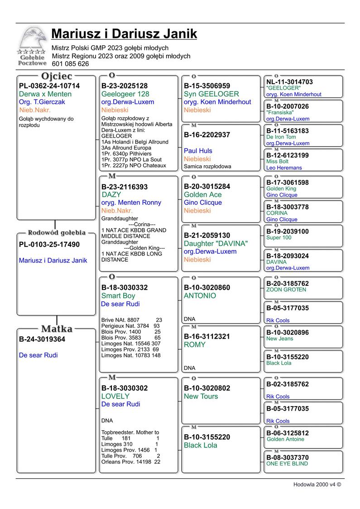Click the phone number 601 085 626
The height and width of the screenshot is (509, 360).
(x=70, y=64)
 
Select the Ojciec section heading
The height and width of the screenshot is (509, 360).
(x=57, y=76)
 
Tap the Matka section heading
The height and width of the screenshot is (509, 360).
(x=57, y=328)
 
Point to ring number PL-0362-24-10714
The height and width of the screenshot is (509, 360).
(x=49, y=86)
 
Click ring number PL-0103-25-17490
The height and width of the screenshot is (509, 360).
(x=49, y=245)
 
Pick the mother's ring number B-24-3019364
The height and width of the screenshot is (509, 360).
(x=42, y=339)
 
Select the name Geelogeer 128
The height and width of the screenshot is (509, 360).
(x=125, y=94)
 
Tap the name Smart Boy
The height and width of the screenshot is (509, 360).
(x=118, y=296)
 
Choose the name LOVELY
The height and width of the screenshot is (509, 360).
(x=115, y=396)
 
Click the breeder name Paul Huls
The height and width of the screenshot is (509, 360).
(x=198, y=151)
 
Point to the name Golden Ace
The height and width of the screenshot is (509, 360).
(x=203, y=195)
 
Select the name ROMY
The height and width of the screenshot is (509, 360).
(x=195, y=345)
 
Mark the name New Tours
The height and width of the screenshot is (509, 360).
(x=201, y=396)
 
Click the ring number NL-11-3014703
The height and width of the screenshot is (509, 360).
(x=289, y=82)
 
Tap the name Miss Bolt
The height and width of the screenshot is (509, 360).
(x=277, y=162)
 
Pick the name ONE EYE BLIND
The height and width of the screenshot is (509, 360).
(x=287, y=464)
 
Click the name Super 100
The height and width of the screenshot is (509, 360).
(x=279, y=238)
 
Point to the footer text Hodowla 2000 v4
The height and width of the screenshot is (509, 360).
(x=317, y=484)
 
